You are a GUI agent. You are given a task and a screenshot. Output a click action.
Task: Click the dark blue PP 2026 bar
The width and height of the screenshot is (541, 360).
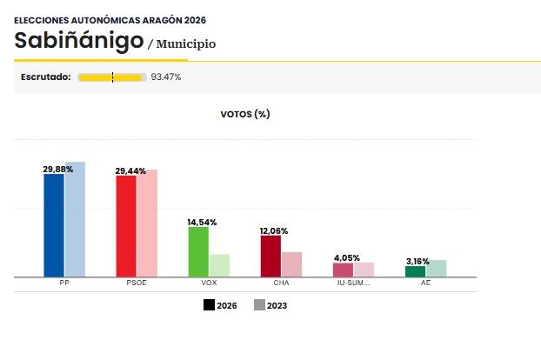tap(54, 225)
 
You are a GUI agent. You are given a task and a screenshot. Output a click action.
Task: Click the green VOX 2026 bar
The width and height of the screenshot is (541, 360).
tap(198, 251)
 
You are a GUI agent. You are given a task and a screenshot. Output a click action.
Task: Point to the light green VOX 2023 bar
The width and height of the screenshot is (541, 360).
tap(219, 265)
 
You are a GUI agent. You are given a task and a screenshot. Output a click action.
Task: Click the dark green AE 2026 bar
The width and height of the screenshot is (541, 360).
tap(415, 271)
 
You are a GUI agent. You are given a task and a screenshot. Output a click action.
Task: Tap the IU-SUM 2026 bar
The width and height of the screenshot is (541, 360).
tap(343, 270)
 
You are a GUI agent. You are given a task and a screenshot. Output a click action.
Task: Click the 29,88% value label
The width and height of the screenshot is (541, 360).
tap(58, 170)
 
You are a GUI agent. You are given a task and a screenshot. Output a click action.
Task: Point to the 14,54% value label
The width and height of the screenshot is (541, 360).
tap(202, 223)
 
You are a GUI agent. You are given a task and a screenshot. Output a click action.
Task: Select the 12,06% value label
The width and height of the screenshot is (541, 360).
tap(274, 231)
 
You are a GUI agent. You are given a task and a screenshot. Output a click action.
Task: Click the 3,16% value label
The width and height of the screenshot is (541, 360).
tap(418, 260)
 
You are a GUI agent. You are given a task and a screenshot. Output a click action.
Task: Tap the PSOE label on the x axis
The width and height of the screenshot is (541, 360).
tap(137, 283)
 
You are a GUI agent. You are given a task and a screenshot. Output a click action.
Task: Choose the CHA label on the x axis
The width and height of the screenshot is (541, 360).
tap(281, 283)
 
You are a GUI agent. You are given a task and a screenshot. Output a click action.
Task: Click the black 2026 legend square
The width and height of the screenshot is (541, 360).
tap(210, 305)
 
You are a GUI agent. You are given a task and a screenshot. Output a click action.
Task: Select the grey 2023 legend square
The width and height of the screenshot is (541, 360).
tap(259, 305)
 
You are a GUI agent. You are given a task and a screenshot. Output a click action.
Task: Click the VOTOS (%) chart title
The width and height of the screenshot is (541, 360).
tap(245, 114)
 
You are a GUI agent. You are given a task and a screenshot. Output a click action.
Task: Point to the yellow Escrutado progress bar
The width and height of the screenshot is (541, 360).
tap(111, 77)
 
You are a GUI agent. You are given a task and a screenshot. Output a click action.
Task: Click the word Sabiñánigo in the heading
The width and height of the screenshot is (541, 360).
tap(78, 41)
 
